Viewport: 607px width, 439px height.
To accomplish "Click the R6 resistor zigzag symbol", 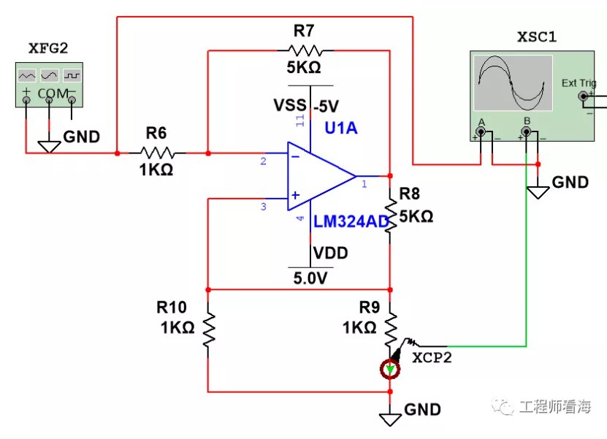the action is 157,153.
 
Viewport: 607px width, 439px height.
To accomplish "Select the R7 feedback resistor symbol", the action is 305,50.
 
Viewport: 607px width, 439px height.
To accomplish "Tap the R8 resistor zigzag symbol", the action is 390,216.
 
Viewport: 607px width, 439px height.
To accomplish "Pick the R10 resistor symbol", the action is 208,330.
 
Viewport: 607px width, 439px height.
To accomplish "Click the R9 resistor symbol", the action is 390,330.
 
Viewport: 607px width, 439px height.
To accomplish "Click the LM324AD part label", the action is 351,221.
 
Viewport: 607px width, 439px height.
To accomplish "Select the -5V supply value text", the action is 326,106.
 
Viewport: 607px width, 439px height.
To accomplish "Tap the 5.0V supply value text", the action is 310,278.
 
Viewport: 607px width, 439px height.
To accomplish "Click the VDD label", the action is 330,253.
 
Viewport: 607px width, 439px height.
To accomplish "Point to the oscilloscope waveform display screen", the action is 513,83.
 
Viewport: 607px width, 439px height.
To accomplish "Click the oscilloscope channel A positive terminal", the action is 481,132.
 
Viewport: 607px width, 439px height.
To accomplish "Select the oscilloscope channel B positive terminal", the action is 526,132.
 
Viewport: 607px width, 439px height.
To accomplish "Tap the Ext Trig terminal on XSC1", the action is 583,96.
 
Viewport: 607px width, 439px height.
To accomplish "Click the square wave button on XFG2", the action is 72,75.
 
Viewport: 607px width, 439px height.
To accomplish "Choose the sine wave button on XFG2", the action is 49,75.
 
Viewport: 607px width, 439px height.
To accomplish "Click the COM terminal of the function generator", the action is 49,100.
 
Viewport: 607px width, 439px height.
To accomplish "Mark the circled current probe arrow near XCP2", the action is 390,369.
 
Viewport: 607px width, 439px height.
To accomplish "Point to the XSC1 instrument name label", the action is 537,37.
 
